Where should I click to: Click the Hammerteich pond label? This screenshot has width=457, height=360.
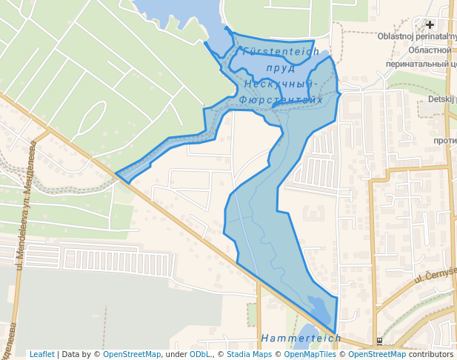pyautogui.click(x=301, y=339)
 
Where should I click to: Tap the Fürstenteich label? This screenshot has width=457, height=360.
pyautogui.click(x=281, y=52)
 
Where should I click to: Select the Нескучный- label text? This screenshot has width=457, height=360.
pyautogui.click(x=281, y=84)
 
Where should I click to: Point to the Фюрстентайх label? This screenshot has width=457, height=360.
pyautogui.click(x=281, y=99)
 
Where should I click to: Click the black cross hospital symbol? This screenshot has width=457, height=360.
pyautogui.click(x=429, y=24)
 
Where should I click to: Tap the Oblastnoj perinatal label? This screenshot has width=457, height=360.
pyautogui.click(x=417, y=36)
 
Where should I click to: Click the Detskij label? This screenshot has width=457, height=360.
pyautogui.click(x=442, y=99)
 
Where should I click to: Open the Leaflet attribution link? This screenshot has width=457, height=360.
pyautogui.click(x=41, y=354)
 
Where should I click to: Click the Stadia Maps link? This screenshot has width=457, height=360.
pyautogui.click(x=249, y=354)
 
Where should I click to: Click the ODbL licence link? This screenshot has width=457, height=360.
pyautogui.click(x=200, y=354)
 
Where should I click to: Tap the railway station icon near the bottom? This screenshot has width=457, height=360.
pyautogui.click(x=379, y=341)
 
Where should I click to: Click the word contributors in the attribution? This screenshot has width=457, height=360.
pyautogui.click(x=431, y=354)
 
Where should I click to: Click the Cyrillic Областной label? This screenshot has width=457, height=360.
pyautogui.click(x=430, y=50)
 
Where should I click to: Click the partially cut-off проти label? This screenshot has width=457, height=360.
pyautogui.click(x=444, y=141)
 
